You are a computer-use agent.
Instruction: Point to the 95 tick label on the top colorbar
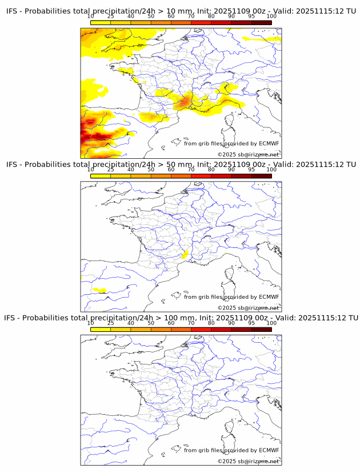pos(251,16)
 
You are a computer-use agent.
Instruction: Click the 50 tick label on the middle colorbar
pos(151,170)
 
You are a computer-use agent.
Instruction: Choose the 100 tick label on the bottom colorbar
pos(271,323)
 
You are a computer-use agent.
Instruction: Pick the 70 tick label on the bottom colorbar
pos(191,323)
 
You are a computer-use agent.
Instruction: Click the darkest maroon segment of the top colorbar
pos(261,22)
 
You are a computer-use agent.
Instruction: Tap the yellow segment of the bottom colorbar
pos(101,329)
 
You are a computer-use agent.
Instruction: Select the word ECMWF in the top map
pos(269,143)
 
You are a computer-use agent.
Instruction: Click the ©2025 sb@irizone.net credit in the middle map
pos(248,307)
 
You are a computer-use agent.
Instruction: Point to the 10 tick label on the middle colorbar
pos(91,170)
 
